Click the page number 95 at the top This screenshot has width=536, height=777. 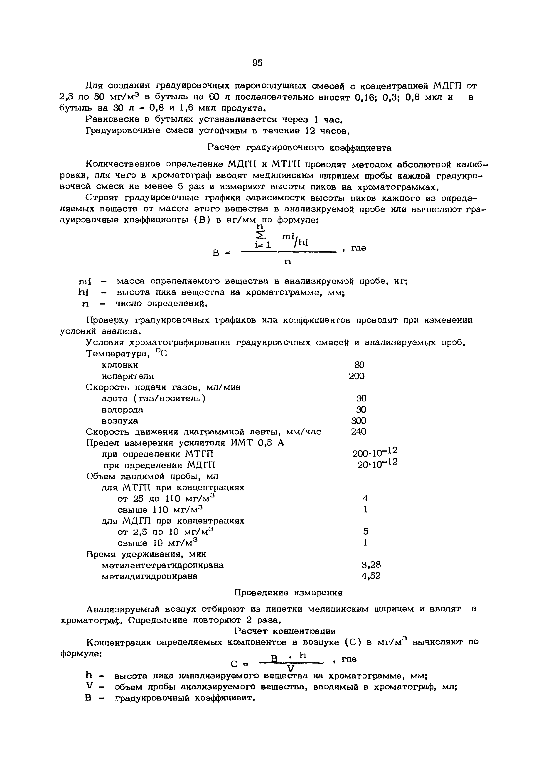coord(257,63)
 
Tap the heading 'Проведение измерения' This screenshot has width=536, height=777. coord(288,593)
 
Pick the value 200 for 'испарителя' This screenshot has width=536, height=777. coord(357,376)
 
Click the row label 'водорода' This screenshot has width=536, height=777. coord(122,410)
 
